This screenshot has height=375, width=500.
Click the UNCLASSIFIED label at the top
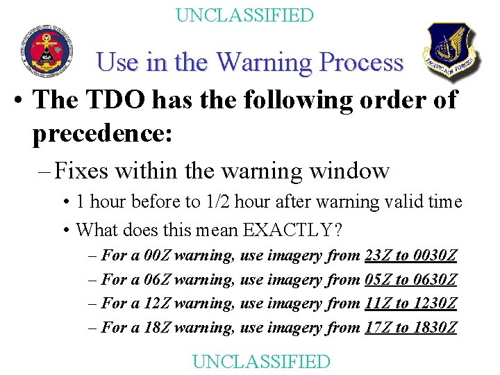tap(244, 15)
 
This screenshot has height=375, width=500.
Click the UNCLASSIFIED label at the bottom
tap(261, 361)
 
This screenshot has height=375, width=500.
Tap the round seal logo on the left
tap(46, 52)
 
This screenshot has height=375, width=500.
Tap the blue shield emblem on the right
tap(451, 51)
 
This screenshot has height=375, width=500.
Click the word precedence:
tap(101, 134)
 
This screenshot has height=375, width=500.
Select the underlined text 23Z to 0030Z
tap(410, 256)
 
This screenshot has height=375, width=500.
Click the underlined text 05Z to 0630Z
tap(410, 279)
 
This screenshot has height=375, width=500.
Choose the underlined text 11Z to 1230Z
tap(410, 303)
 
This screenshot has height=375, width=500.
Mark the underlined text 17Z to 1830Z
tap(410, 327)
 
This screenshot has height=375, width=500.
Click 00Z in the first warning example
tap(158, 256)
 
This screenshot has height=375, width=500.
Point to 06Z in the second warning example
tap(158, 279)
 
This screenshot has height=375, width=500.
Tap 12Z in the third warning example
tap(158, 303)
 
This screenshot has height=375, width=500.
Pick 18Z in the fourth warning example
tap(158, 327)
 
